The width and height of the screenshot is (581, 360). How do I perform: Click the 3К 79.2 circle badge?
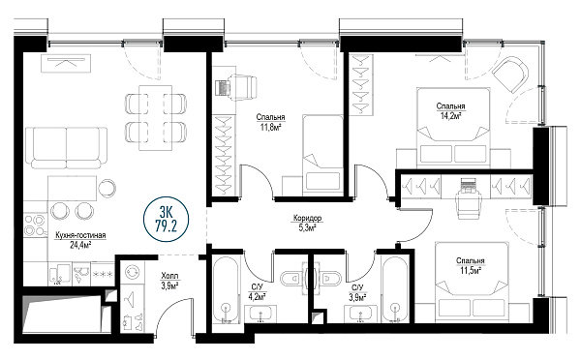pos(166,220)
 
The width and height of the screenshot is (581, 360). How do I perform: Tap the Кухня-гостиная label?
pos(80,235)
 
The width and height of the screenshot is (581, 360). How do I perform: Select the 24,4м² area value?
pos(80,244)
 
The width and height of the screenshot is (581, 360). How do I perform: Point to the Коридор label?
pos(307,218)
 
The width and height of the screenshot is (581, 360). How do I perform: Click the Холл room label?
pos(169,276)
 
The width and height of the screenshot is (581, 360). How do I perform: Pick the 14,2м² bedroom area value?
pos(450,115)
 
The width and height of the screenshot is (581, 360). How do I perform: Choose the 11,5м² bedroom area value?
pos(471,270)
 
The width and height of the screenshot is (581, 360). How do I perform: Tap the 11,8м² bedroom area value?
pos(270,127)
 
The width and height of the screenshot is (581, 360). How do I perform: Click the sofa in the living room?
pos(67,148)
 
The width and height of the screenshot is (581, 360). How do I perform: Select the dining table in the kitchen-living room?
pos(156,118)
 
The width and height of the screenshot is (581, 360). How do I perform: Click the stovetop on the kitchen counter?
pos(36,225)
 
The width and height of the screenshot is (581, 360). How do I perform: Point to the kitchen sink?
pos(60,274)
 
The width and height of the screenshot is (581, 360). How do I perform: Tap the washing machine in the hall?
pos(132,273)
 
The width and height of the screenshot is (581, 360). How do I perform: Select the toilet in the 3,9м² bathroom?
pos(330,278)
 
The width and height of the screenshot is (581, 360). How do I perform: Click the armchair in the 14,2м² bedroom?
pos(510,75)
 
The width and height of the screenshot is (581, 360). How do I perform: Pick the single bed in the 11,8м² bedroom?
pos(322,155)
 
